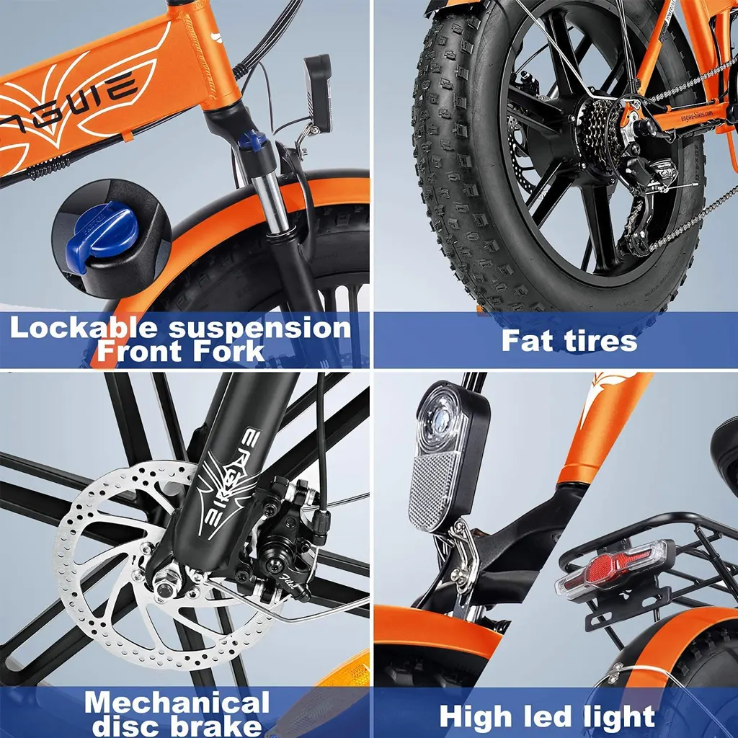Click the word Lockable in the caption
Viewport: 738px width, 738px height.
84,328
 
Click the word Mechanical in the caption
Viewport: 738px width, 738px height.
177,702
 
